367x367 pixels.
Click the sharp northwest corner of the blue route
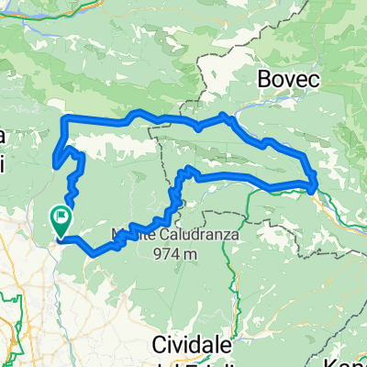62,118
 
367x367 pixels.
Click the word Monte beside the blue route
128,234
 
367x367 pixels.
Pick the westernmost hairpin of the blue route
55,165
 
